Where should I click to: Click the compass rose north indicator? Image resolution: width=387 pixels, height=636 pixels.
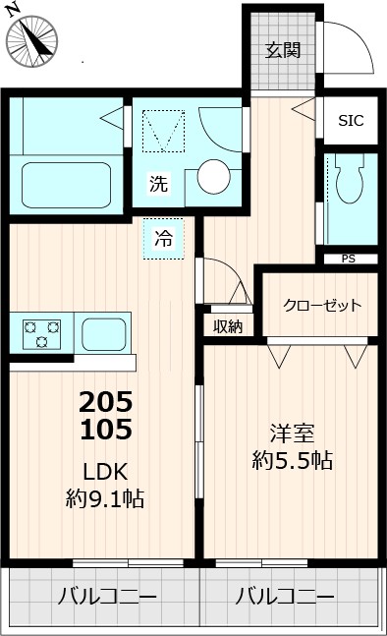(x=31, y=38)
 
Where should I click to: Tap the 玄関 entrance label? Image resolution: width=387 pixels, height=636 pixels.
(x=283, y=50)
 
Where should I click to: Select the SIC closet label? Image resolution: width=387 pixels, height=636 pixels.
(x=351, y=121)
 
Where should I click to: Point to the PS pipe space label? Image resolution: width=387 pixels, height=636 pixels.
(x=349, y=260)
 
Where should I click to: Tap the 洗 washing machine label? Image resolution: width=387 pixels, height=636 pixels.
(x=158, y=183)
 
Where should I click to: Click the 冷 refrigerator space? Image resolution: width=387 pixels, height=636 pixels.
(x=163, y=237)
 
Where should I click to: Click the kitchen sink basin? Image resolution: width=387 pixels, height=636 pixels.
(x=104, y=333)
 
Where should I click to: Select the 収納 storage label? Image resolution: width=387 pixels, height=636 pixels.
(x=228, y=326)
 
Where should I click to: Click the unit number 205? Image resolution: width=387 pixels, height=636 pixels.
(x=105, y=402)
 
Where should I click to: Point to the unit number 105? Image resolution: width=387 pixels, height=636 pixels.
(x=105, y=429)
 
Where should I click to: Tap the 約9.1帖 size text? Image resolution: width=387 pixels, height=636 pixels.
(x=105, y=499)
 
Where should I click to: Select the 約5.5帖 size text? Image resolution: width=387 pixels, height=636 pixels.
(x=292, y=460)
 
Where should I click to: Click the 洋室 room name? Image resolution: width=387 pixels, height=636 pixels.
(x=292, y=431)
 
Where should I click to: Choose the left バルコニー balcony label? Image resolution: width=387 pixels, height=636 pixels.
(x=107, y=597)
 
